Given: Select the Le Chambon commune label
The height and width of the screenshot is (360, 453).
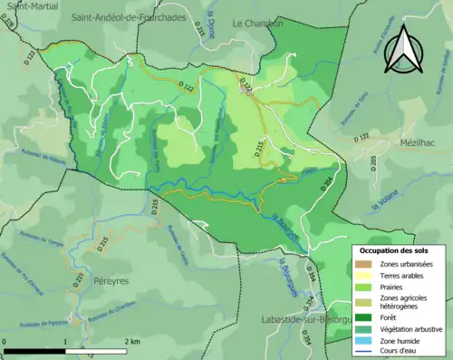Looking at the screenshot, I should point(258,23).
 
